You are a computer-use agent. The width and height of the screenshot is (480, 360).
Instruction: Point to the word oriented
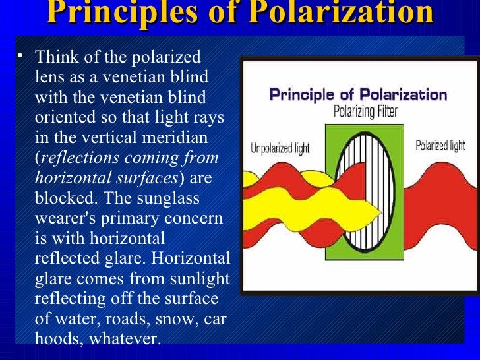pos(62,117)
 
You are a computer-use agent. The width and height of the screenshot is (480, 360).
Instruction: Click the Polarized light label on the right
pos(440,146)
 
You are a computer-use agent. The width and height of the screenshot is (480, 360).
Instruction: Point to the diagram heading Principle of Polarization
pos(358,94)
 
